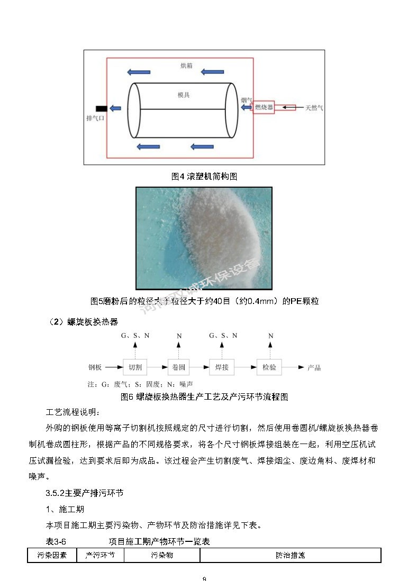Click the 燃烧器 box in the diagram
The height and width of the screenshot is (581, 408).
(264, 108)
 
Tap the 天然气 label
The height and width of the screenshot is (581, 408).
(314, 108)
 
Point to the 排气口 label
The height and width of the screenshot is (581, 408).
(95, 118)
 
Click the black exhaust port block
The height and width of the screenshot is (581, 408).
(101, 108)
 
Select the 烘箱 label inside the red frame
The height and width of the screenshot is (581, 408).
(186, 66)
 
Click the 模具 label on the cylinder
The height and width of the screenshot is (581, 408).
(184, 95)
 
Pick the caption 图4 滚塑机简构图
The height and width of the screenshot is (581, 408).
(204, 177)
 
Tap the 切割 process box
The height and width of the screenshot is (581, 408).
(135, 367)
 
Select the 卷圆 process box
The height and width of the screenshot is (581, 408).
(179, 367)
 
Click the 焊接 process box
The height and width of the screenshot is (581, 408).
(223, 367)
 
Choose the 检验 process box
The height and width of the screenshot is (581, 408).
(269, 367)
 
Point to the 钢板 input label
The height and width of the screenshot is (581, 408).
(95, 367)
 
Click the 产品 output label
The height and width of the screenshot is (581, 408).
(314, 367)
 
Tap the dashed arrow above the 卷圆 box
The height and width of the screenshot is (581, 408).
(179, 350)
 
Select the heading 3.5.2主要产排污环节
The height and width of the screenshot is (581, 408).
(85, 493)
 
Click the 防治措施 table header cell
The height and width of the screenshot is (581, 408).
(290, 556)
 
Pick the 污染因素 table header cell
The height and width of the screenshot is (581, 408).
(52, 556)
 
